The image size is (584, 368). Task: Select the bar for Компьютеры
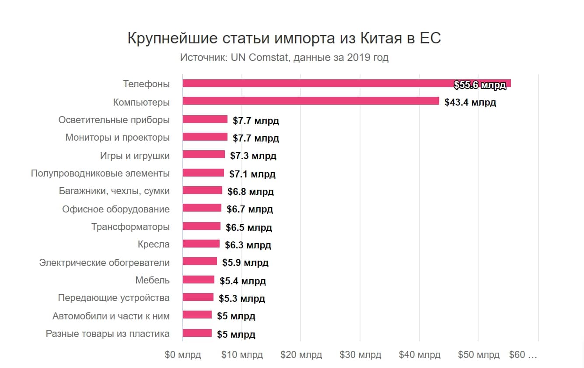[311, 101]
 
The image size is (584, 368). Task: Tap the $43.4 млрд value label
[470, 103]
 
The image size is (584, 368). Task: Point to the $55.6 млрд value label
[480, 85]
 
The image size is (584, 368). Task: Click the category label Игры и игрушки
[135, 156]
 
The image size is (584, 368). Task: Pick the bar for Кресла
[201, 244]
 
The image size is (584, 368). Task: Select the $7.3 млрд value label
[253, 156]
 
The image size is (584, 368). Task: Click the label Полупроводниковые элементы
[100, 173]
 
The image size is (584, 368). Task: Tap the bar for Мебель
[199, 280]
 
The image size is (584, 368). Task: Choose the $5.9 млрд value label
[245, 263]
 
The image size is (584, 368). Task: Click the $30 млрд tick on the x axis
[360, 354]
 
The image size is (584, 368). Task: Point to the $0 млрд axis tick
[183, 354]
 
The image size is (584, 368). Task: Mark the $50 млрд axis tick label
[479, 354]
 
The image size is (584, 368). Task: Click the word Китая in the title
[381, 38]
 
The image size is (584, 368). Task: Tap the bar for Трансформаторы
[202, 226]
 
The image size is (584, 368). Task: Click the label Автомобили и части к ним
[111, 316]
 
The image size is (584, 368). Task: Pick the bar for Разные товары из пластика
[197, 333]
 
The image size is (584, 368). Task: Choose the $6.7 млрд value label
[250, 209]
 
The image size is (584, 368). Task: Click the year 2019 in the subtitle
[357, 57]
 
